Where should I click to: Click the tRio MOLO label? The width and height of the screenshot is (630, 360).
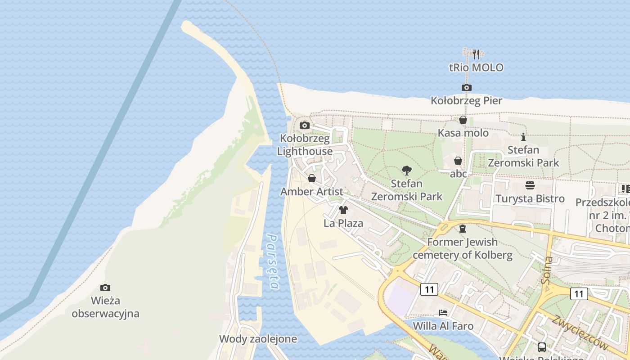click(476, 67)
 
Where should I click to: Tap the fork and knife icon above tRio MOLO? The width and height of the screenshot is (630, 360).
click(477, 54)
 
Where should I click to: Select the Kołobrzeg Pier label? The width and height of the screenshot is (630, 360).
click(466, 100)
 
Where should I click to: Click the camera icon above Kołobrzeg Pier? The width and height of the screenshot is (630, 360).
click(467, 87)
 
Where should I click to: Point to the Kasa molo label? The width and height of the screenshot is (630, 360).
click(463, 133)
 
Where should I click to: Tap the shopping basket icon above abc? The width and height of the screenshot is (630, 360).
click(458, 161)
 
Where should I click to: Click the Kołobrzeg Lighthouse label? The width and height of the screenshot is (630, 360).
click(305, 144)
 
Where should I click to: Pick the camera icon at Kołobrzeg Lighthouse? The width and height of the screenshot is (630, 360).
click(305, 125)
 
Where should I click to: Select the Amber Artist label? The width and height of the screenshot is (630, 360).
click(312, 192)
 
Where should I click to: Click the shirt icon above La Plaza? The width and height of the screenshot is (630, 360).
click(343, 210)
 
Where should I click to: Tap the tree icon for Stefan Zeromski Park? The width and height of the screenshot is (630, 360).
click(407, 171)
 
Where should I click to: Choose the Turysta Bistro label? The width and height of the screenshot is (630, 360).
click(530, 198)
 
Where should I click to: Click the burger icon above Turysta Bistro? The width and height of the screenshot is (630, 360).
click(530, 185)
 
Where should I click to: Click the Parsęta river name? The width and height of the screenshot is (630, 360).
click(273, 261)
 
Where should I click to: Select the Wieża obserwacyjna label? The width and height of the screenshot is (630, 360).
click(105, 307)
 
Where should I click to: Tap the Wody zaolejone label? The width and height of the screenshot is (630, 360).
click(258, 339)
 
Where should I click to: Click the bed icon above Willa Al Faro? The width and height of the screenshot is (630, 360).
click(443, 312)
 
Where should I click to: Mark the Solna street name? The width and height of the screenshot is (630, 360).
click(548, 270)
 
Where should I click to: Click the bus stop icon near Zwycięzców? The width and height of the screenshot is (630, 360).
click(542, 347)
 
